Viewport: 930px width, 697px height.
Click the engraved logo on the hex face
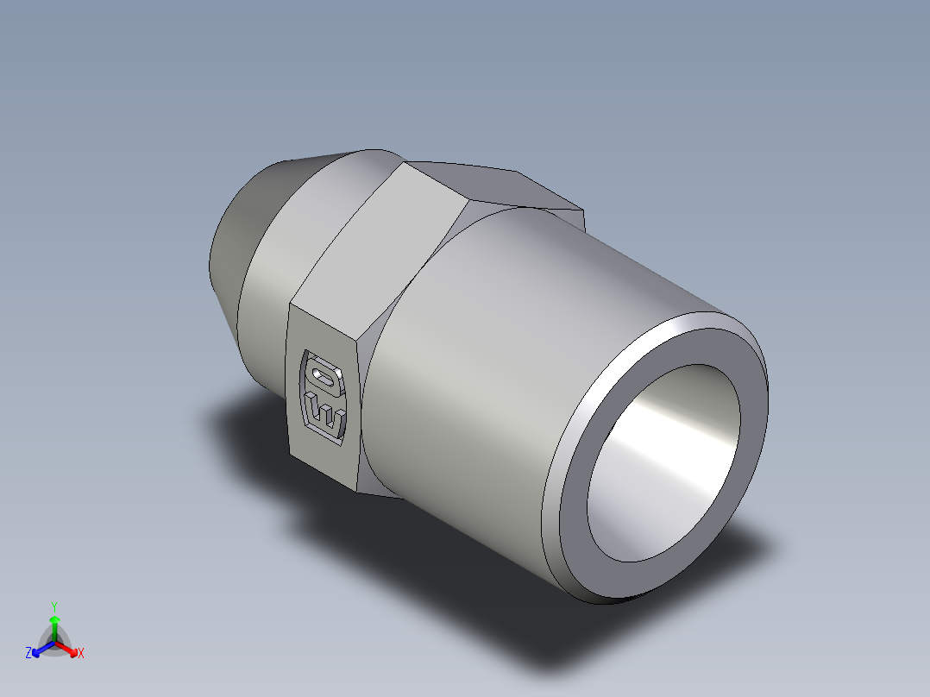(324, 396)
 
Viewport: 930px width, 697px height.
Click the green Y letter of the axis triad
(53, 606)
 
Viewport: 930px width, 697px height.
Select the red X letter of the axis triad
(81, 654)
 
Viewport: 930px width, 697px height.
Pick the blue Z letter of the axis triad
(28, 654)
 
